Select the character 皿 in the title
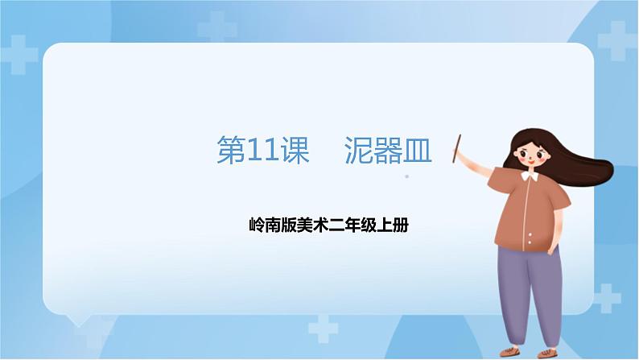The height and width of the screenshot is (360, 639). click(x=417, y=151)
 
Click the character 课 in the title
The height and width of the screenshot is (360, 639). click(x=294, y=151)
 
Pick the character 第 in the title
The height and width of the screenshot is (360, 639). click(x=232, y=151)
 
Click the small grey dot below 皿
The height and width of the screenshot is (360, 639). click(x=407, y=176)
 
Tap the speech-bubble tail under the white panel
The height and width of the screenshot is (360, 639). click(x=80, y=321)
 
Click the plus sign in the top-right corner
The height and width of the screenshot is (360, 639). click(x=615, y=39)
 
